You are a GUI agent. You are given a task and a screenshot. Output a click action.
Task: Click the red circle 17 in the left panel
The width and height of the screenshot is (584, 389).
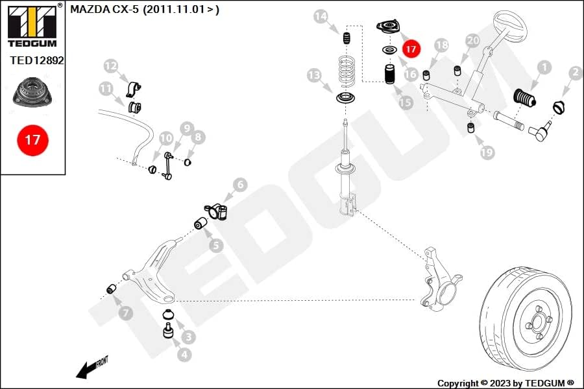pos(32,140)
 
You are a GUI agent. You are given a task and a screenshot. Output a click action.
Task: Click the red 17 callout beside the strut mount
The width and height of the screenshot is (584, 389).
pos(411,49)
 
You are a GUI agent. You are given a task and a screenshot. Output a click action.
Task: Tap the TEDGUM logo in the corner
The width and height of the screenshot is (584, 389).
pos(32,25)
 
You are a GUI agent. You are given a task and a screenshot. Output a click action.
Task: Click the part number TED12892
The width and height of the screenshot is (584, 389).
pos(37,60)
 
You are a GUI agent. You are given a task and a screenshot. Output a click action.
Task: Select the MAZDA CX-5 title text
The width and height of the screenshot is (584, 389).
pos(145,9)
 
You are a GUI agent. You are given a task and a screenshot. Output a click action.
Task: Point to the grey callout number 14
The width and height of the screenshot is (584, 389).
pos(321,16)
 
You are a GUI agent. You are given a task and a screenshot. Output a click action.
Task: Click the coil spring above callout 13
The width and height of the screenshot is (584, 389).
pos(347,72)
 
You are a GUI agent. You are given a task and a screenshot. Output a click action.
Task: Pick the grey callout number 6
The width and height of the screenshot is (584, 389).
pos(240,185)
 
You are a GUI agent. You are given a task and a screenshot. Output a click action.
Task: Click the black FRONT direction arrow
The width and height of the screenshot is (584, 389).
pos(91,368)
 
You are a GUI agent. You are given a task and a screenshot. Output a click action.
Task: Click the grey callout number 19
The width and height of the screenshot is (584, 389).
pos(487,152)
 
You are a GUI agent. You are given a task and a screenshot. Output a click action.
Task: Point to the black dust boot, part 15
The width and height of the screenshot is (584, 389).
pos(390,75)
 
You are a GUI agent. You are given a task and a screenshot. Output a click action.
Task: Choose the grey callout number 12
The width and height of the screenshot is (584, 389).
pos(110,66)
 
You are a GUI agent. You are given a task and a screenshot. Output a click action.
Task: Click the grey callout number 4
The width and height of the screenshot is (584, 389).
pos(184,355)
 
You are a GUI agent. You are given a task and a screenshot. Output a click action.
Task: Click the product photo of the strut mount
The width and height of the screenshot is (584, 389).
pos(32,92)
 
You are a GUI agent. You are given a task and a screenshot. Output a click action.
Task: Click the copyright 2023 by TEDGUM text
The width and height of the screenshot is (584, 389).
pos(505,383)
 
